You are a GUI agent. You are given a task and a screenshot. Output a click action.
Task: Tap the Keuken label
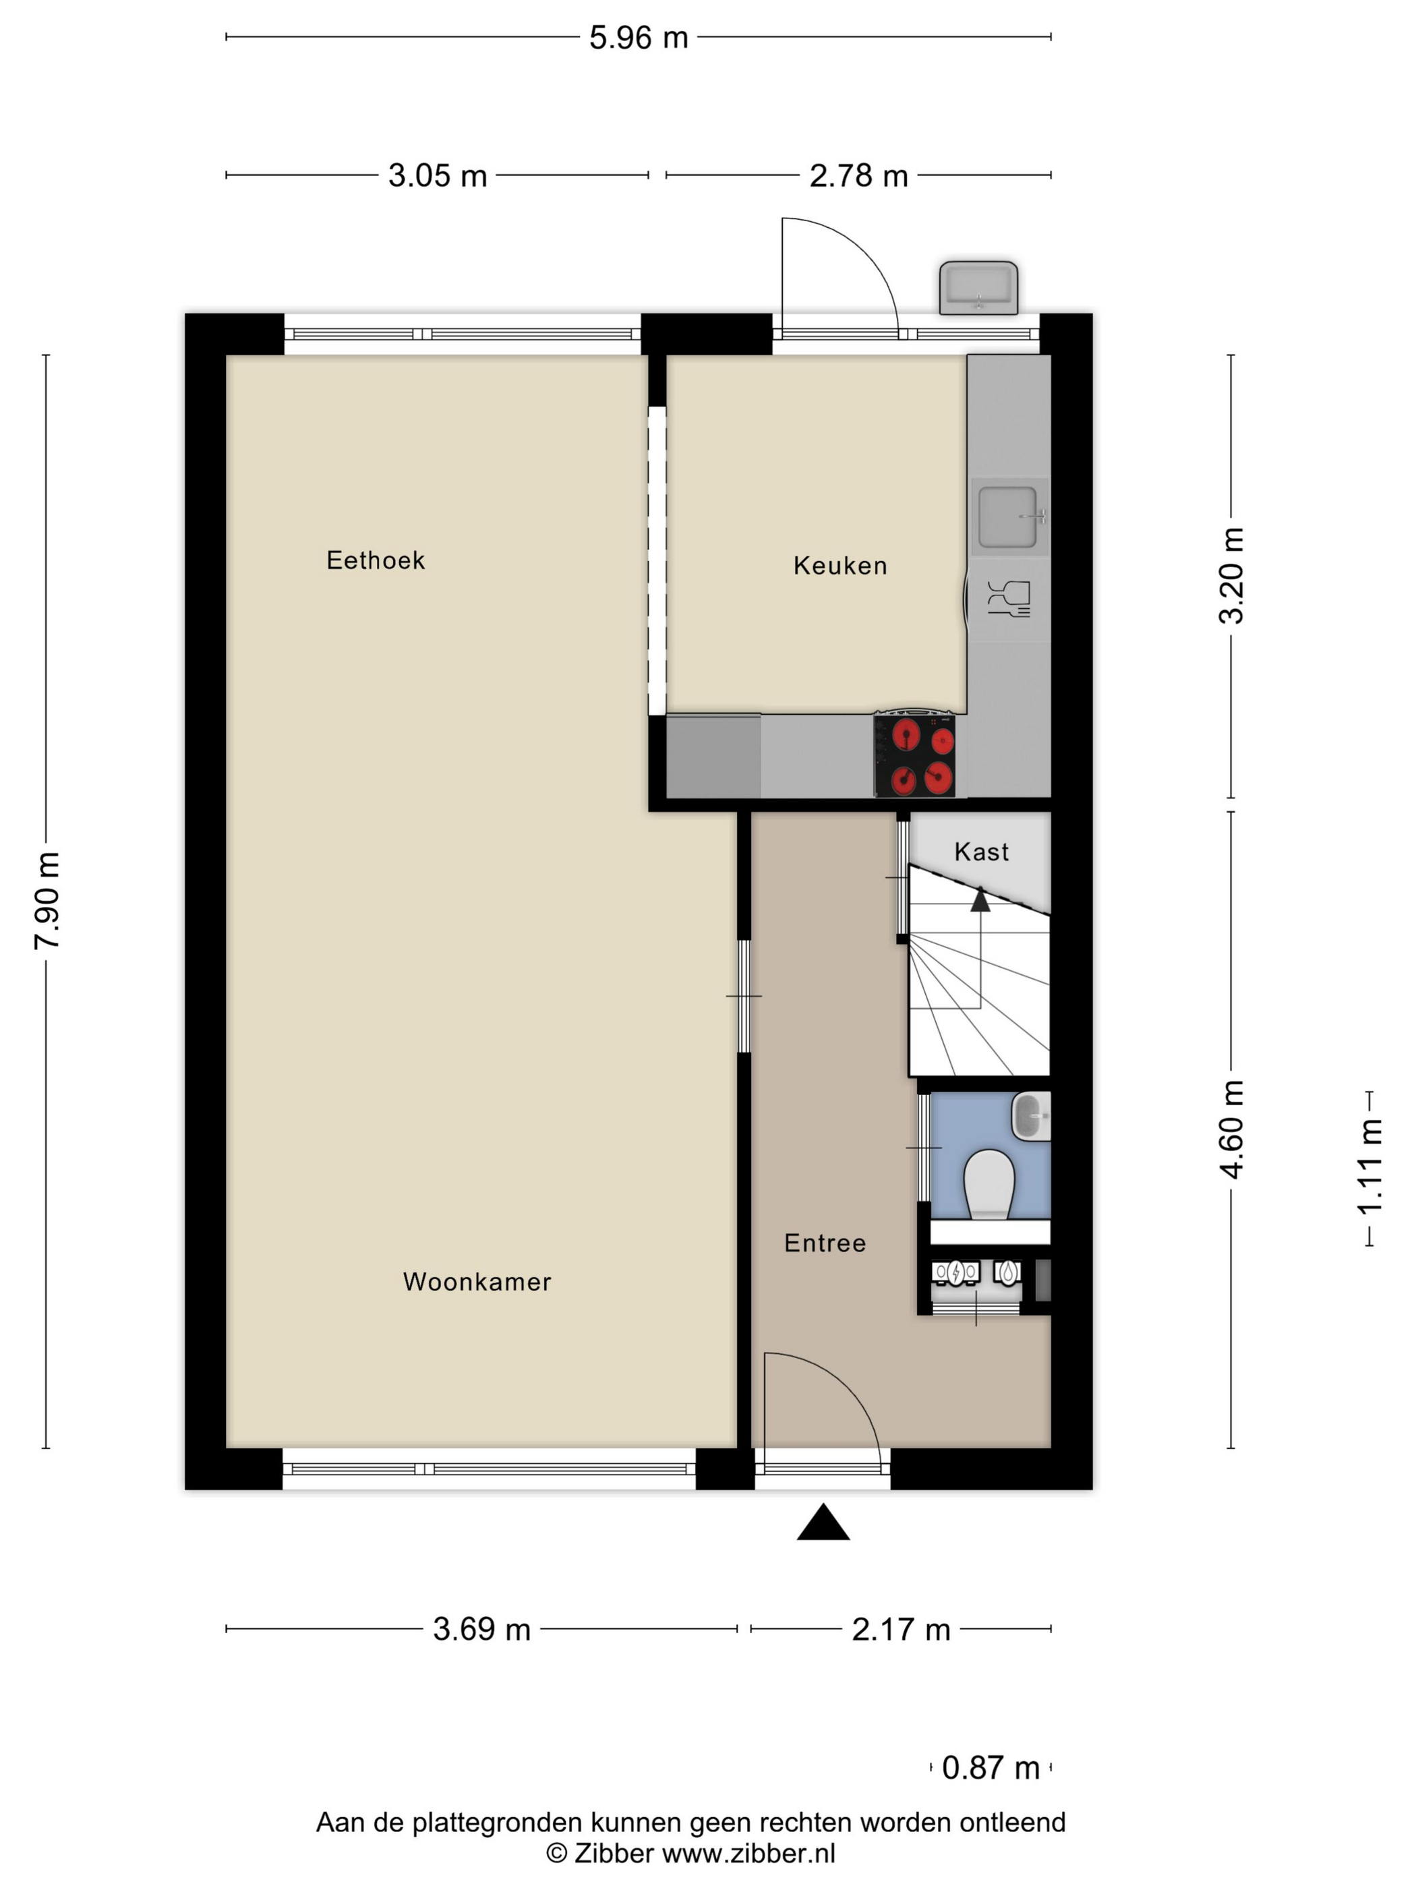(x=840, y=565)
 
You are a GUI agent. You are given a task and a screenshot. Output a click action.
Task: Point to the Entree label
(x=825, y=1243)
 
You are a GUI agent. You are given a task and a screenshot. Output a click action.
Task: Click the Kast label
(x=982, y=852)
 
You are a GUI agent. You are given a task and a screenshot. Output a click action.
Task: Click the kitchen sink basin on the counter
(x=1008, y=517)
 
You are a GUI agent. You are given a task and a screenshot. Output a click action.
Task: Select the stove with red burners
(x=914, y=754)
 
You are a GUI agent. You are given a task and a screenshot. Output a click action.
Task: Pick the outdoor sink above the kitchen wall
(x=978, y=288)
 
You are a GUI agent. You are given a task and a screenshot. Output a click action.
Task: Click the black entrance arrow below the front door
(x=823, y=1522)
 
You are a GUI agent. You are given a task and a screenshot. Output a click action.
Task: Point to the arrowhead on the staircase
(x=980, y=899)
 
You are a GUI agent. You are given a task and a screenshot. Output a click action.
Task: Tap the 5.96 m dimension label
(x=639, y=38)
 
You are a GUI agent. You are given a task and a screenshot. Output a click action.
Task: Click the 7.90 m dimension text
(x=47, y=900)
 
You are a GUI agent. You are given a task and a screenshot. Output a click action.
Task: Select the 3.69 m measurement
(x=481, y=1629)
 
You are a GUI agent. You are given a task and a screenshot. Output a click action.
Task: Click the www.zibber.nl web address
(x=748, y=1853)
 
